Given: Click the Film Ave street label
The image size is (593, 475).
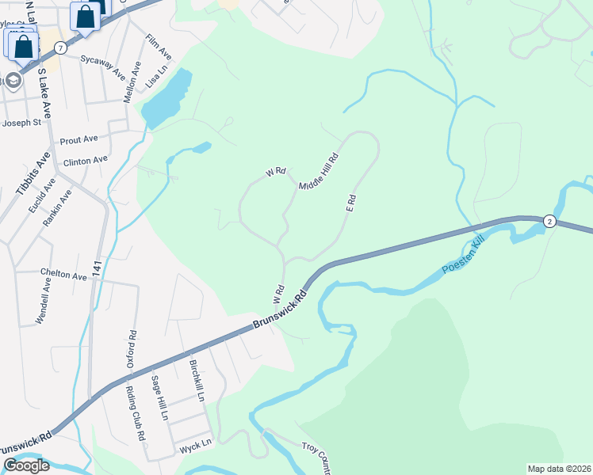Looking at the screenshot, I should (158, 47).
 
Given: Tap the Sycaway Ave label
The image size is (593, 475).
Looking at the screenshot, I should (102, 66).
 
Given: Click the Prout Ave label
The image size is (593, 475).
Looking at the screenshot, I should (78, 139).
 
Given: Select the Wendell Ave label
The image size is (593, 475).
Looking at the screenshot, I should (43, 301).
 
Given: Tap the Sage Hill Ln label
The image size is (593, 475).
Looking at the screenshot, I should (159, 397).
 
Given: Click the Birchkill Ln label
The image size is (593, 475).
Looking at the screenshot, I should (197, 379).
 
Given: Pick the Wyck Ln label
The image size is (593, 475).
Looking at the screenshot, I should (194, 444).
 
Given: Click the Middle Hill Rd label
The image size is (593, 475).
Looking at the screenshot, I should (319, 171).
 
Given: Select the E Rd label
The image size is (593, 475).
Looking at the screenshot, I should (350, 202).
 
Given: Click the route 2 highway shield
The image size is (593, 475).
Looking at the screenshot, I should (549, 222).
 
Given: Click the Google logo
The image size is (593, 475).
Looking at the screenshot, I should (26, 465).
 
